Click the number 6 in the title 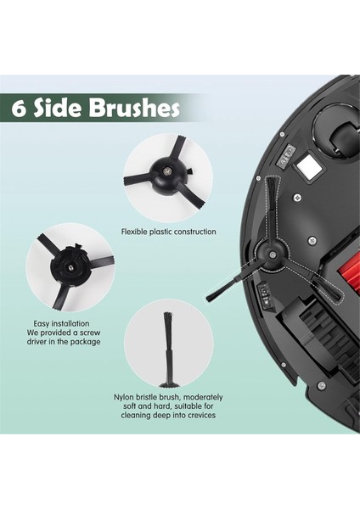tap(20, 109)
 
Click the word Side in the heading tap(59, 109)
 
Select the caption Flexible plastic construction tap(168, 232)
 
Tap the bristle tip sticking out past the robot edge tap(214, 295)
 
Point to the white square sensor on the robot tap(312, 170)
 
